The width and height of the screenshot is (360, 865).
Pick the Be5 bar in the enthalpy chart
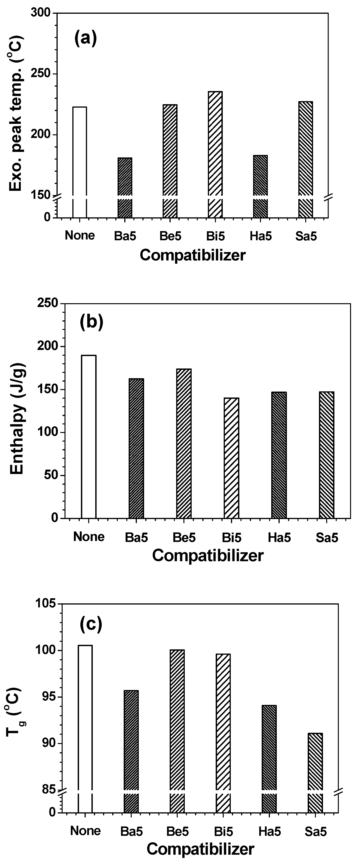click(x=184, y=443)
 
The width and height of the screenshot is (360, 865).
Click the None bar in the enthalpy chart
click(x=89, y=437)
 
